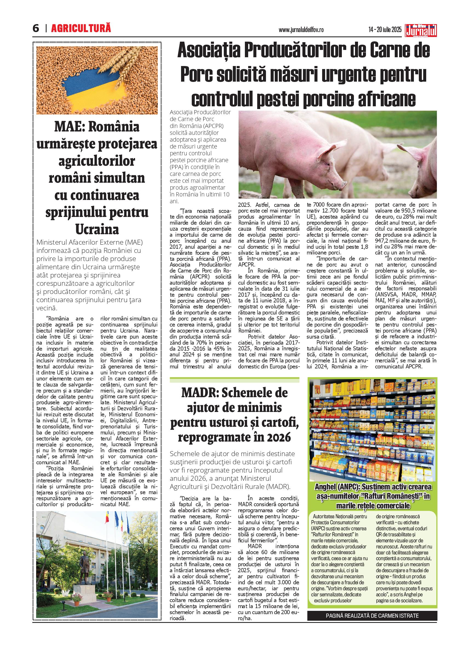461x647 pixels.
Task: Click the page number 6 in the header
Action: coord(36,29)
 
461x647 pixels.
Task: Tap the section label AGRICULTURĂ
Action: coord(81,28)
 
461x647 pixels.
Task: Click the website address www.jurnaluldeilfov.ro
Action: coord(305,30)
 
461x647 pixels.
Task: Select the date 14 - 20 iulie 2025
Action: coord(385,30)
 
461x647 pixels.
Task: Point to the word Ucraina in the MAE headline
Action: coord(97,229)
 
